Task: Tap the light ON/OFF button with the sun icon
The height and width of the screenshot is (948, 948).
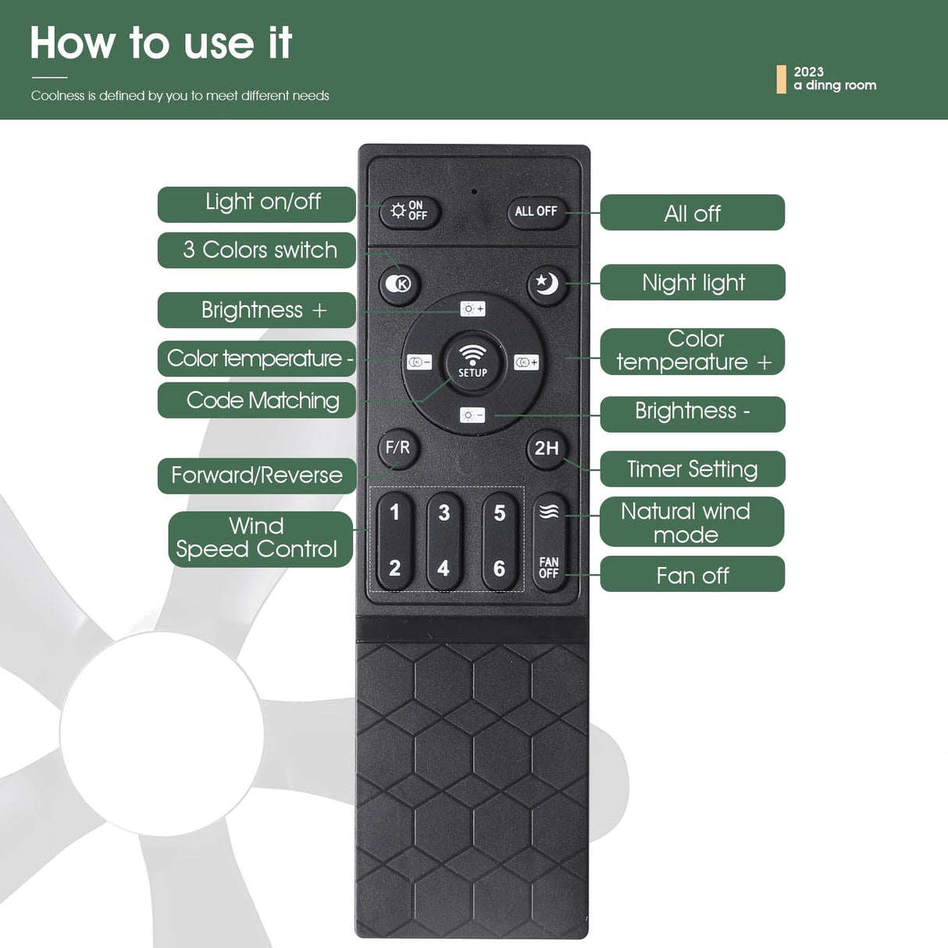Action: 409,212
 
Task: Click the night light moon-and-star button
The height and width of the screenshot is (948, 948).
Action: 547,284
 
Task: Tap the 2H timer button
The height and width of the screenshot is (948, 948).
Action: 546,448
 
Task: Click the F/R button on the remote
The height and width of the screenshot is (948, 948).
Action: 398,447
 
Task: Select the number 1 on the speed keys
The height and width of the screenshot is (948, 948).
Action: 394,512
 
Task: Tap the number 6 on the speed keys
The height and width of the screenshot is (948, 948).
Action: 499,568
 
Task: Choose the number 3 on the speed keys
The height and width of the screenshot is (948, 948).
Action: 444,512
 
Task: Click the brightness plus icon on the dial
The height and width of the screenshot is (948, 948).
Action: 472,309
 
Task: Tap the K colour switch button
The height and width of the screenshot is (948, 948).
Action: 398,284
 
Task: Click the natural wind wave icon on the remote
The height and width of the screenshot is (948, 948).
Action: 549,511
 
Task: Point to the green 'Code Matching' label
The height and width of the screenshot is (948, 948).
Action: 256,401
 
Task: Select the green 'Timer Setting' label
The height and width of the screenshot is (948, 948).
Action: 692,469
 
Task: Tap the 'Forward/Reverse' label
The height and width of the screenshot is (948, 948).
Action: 257,476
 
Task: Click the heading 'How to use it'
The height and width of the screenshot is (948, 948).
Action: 161,43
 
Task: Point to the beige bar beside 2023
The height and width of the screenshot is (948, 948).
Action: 781,79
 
